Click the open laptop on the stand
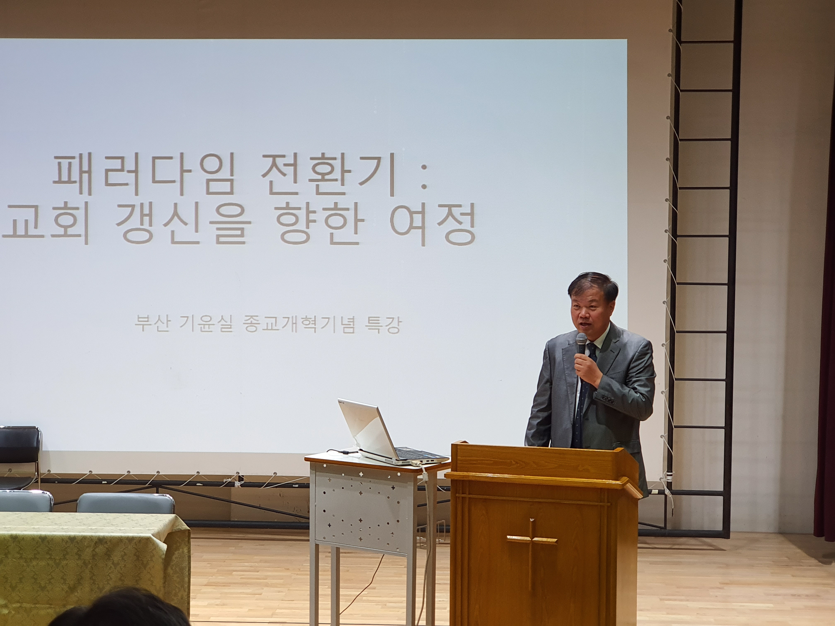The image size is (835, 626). pos(389,434)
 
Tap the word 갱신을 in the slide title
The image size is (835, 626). pos(183,225)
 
